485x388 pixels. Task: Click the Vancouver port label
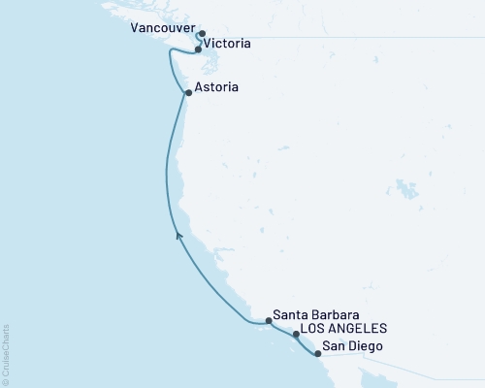[x=159, y=30]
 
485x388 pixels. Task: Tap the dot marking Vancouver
[x=201, y=35]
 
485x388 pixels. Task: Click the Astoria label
[x=213, y=87]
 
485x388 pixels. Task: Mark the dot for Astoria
[x=188, y=93]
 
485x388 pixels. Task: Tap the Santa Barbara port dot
[x=269, y=320]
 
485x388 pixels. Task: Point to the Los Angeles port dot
[x=296, y=335]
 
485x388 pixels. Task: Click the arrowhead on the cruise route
[x=178, y=234]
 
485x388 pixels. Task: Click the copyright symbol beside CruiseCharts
[x=7, y=379]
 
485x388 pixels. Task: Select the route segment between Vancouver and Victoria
[x=197, y=42]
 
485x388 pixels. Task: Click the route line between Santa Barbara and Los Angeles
[x=282, y=327]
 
